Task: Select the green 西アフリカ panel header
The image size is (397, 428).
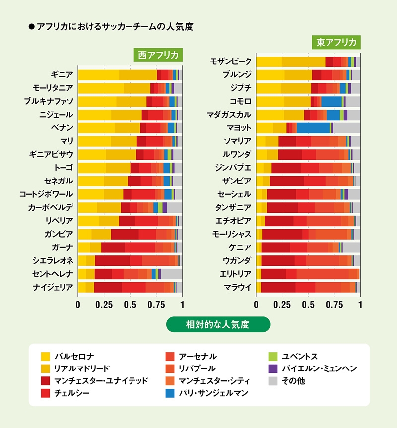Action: pos(158,55)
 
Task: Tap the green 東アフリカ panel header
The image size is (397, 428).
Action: pos(336,42)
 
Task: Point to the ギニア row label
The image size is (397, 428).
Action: pos(62,75)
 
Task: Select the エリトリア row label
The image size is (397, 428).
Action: pos(236,274)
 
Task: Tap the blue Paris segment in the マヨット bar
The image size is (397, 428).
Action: pos(313,128)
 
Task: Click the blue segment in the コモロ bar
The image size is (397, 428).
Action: pos(331,101)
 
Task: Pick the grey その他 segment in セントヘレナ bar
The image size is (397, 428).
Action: pos(172,274)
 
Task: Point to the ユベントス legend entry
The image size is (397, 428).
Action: pos(295,356)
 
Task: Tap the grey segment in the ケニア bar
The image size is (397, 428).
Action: pos(351,247)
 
